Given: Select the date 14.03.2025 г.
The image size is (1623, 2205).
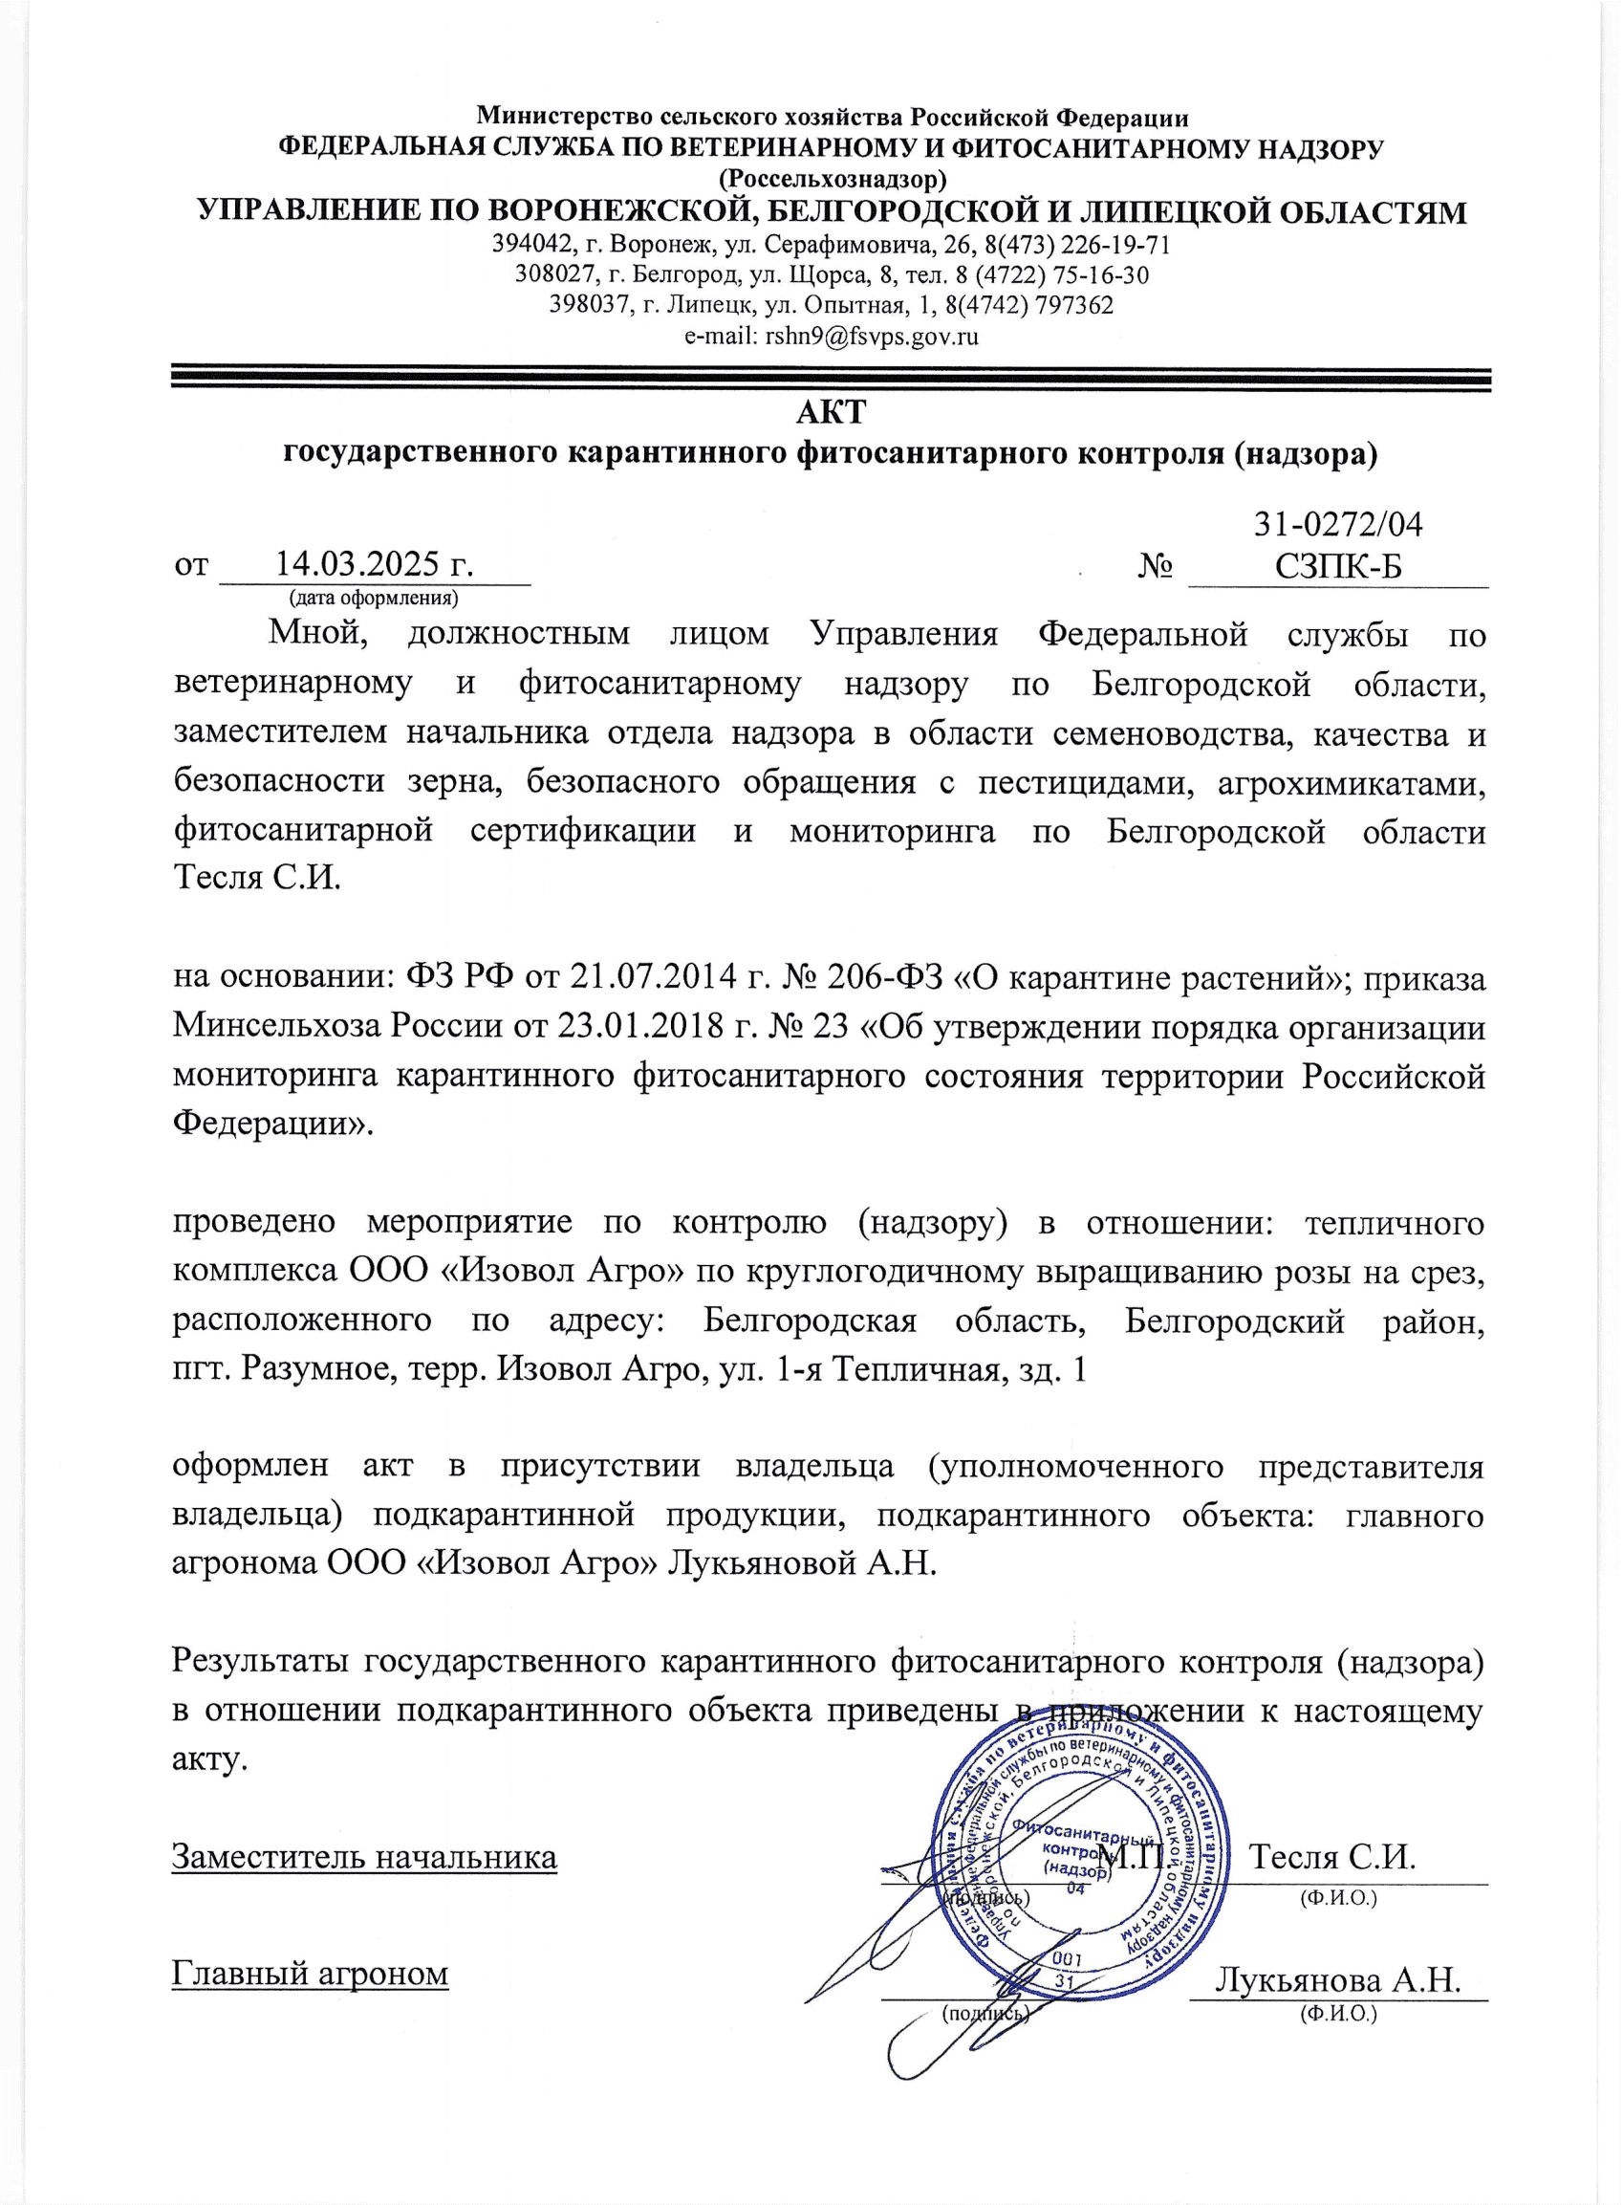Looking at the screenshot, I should (375, 564).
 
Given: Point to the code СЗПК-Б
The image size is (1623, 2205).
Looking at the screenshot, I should (1338, 567).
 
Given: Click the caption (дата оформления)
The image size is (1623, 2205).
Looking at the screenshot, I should (374, 598).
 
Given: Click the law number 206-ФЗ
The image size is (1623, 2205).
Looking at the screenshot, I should (887, 977).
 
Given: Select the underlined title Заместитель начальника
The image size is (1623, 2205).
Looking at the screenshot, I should (364, 1858).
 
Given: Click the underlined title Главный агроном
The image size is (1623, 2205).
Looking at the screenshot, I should (311, 1973).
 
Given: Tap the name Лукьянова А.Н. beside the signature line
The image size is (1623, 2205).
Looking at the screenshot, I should (1339, 1979).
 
